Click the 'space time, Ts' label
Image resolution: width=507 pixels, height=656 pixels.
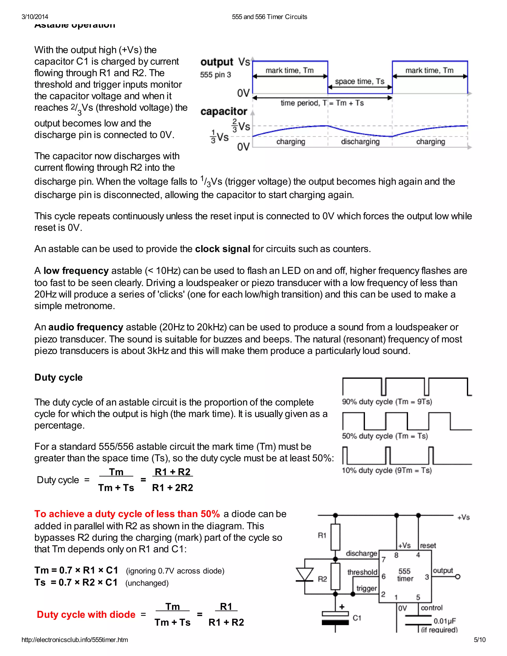(359, 81)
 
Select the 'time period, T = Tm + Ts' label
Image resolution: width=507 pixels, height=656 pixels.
(322, 103)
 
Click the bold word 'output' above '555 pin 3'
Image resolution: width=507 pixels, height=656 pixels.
(217, 62)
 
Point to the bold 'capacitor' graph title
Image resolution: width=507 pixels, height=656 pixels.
(224, 111)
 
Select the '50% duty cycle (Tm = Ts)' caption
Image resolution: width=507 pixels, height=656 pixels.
(385, 436)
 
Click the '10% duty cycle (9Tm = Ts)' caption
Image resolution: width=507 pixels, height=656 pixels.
(386, 470)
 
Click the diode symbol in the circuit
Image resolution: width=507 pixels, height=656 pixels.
(304, 575)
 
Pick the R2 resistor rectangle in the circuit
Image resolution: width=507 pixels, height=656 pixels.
(335, 576)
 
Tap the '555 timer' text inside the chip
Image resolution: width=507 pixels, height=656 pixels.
(405, 575)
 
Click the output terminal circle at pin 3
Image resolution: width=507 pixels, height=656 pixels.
(458, 577)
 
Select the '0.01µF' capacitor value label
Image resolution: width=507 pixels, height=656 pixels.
(445, 621)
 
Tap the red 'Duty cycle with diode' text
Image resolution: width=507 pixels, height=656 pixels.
(86, 615)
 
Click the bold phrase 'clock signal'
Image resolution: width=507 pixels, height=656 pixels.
(222, 249)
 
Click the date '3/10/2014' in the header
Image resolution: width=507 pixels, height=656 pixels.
(35, 17)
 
